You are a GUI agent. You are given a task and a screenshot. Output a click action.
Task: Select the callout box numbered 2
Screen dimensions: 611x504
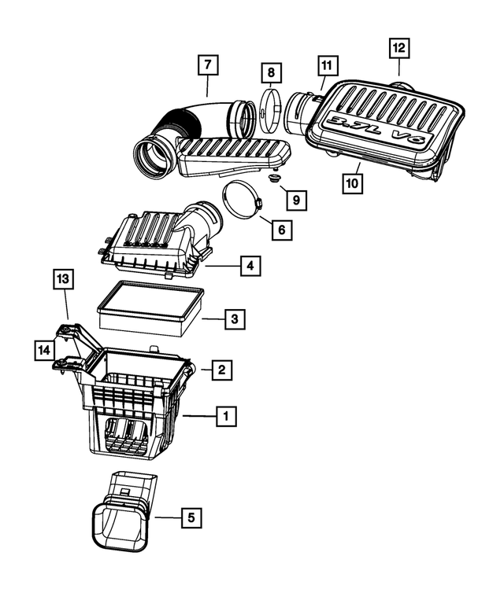pyautogui.click(x=222, y=369)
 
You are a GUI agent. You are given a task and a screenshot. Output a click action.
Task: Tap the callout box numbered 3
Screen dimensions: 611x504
pyautogui.click(x=234, y=318)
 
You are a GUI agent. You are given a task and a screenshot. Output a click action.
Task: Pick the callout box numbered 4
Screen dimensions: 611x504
pyautogui.click(x=249, y=267)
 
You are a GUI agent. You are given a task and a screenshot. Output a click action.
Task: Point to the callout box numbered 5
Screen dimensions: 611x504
pyautogui.click(x=190, y=517)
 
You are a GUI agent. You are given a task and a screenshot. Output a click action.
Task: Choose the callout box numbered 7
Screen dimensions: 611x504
pyautogui.click(x=207, y=64)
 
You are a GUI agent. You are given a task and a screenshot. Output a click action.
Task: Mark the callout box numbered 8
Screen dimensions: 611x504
pyautogui.click(x=271, y=72)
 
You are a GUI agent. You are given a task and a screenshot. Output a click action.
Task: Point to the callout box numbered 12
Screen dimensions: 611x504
pyautogui.click(x=399, y=48)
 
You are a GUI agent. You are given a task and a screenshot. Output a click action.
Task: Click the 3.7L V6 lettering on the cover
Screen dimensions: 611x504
pyautogui.click(x=379, y=131)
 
